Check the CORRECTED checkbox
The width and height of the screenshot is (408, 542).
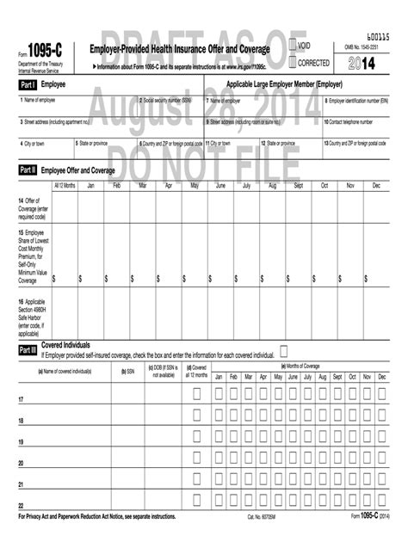click(x=293, y=62)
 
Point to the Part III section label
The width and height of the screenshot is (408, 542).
click(x=28, y=351)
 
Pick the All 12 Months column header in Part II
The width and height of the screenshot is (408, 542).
click(x=65, y=186)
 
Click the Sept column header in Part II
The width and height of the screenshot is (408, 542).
click(x=298, y=186)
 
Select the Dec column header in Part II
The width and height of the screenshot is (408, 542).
click(x=376, y=186)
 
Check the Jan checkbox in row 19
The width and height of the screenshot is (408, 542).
click(x=219, y=440)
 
